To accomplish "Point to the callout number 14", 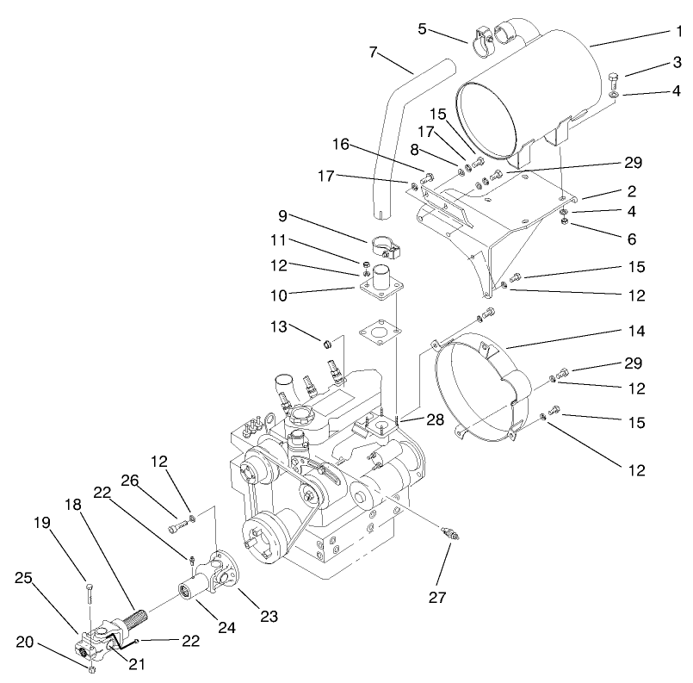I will (636, 331).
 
